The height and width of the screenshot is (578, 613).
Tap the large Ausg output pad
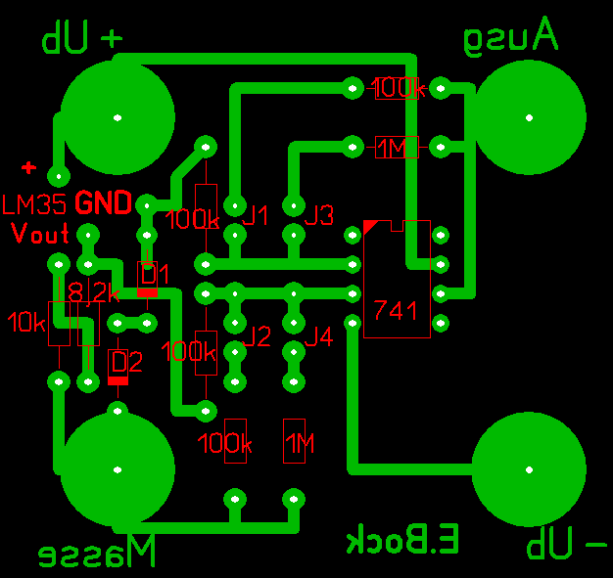[530, 117]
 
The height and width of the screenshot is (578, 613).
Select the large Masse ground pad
[118, 468]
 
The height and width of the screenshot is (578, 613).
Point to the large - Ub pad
[530, 468]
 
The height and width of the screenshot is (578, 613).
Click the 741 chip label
[396, 311]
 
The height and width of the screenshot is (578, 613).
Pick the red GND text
[104, 203]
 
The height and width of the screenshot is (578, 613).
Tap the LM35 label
[35, 204]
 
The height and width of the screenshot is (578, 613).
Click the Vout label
[40, 234]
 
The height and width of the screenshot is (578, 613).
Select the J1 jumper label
[257, 215]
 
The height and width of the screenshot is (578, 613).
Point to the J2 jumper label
[258, 337]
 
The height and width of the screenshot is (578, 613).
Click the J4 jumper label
[319, 337]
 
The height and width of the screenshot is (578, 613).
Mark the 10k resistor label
[24, 320]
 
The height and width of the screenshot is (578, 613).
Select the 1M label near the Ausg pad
[393, 148]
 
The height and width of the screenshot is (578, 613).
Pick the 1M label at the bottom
[300, 445]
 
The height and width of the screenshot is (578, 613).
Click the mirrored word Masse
[97, 553]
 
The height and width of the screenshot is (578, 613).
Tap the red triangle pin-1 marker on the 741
[369, 226]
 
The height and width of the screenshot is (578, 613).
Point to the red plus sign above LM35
[29, 168]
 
